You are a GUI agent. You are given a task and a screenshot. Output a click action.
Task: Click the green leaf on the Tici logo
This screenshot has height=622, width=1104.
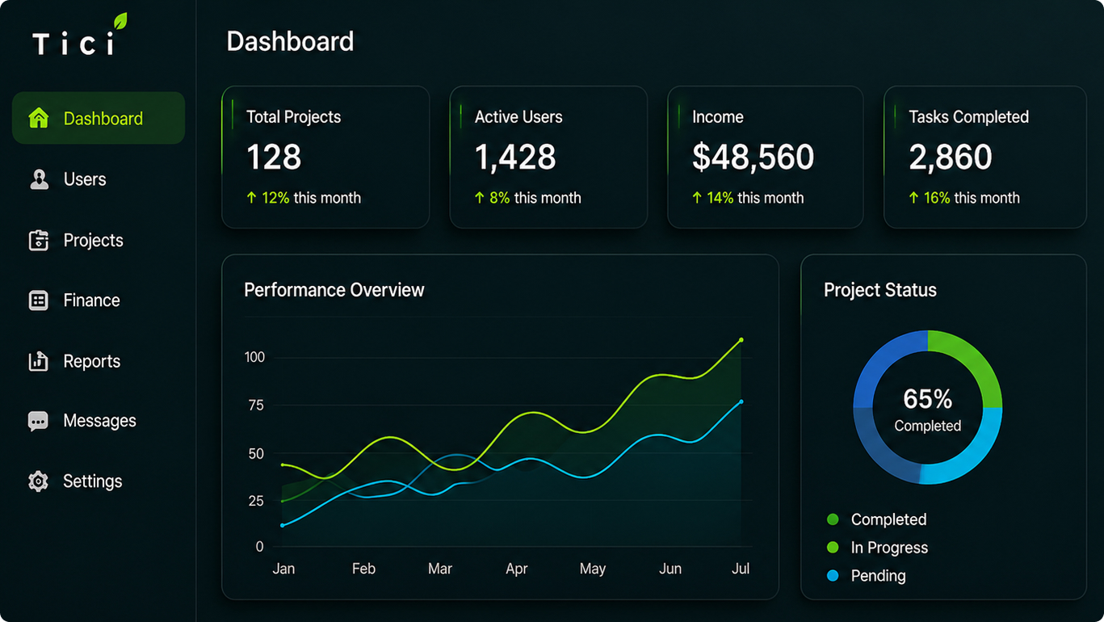pos(120,21)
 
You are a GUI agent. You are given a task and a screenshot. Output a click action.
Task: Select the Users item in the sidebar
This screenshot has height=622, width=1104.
pos(84,179)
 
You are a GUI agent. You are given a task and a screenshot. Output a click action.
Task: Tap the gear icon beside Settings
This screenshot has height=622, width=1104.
pos(38,481)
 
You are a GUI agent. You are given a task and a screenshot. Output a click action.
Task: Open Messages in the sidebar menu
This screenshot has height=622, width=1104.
pos(99,421)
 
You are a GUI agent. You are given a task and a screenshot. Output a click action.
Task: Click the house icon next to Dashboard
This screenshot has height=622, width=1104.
pos(39,118)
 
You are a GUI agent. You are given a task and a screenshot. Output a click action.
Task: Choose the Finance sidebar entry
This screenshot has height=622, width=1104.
pos(92,300)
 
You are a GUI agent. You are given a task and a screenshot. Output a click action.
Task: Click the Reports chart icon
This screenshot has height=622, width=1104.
pos(38,361)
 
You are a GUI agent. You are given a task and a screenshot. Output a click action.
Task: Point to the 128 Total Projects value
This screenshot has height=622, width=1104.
pos(274,157)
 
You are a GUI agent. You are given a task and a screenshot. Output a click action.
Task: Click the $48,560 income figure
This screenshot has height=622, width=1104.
pos(753,158)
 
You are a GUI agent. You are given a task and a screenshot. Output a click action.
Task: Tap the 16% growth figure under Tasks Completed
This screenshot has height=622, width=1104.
pos(937,198)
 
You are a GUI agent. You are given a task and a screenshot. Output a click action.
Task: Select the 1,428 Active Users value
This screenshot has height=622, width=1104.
pos(515,158)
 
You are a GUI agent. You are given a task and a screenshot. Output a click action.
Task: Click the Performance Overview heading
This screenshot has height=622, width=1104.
pos(334,290)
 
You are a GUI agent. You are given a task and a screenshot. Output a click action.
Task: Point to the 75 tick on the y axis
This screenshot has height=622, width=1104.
pos(256,406)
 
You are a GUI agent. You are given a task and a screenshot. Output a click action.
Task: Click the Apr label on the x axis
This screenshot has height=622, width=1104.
pos(517,569)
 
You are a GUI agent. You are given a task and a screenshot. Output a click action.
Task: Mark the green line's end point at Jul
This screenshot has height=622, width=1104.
pos(741,340)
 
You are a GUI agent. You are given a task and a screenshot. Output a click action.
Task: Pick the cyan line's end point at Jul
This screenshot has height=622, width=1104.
pos(741,402)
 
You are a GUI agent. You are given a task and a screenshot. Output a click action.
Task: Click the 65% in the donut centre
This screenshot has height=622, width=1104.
pos(928,399)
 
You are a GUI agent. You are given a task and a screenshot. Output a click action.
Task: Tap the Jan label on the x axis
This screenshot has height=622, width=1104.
pos(284,569)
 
